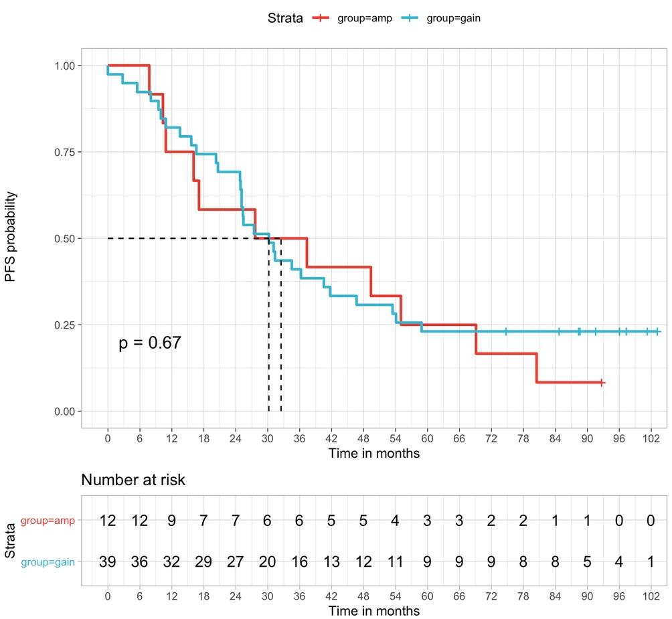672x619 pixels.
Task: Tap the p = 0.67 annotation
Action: (x=150, y=343)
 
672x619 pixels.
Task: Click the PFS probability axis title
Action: (x=11, y=237)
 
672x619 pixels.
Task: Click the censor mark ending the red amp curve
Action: (x=602, y=383)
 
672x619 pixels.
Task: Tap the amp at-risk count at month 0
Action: (x=108, y=521)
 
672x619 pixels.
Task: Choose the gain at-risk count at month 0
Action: (x=108, y=562)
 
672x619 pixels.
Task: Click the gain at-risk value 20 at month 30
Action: (x=267, y=562)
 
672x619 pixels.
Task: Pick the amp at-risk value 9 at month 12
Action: (x=171, y=521)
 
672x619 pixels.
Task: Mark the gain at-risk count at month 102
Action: (x=650, y=562)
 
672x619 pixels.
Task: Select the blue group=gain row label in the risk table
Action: (x=48, y=562)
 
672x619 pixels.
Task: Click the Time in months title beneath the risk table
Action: (x=374, y=611)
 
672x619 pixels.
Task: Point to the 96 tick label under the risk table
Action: (x=618, y=596)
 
